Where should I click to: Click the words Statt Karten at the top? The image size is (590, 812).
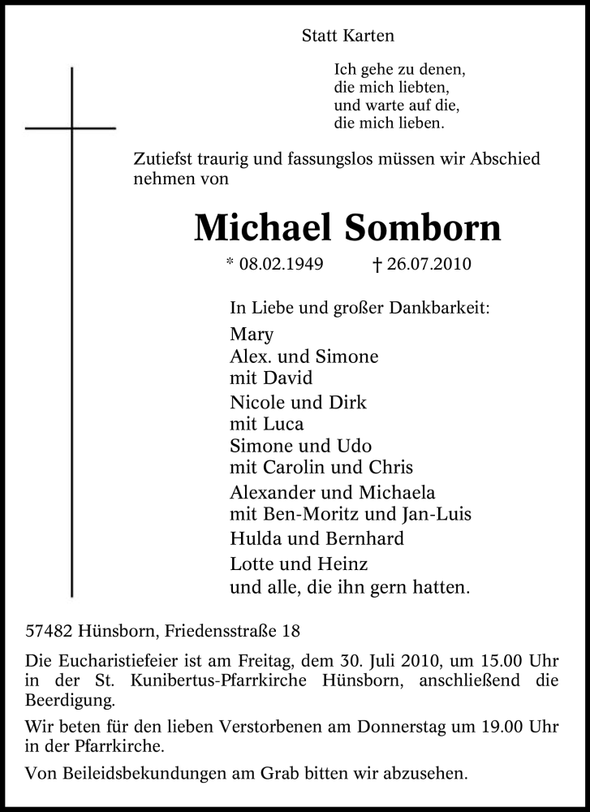(x=347, y=36)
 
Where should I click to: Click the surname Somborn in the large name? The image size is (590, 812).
(x=423, y=229)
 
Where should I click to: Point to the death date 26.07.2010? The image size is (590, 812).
(x=429, y=265)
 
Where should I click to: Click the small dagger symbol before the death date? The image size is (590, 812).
(x=377, y=265)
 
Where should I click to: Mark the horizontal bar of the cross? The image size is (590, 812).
(x=71, y=128)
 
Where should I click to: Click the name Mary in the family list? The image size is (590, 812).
(x=252, y=335)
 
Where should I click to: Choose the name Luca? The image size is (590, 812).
(x=283, y=424)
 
